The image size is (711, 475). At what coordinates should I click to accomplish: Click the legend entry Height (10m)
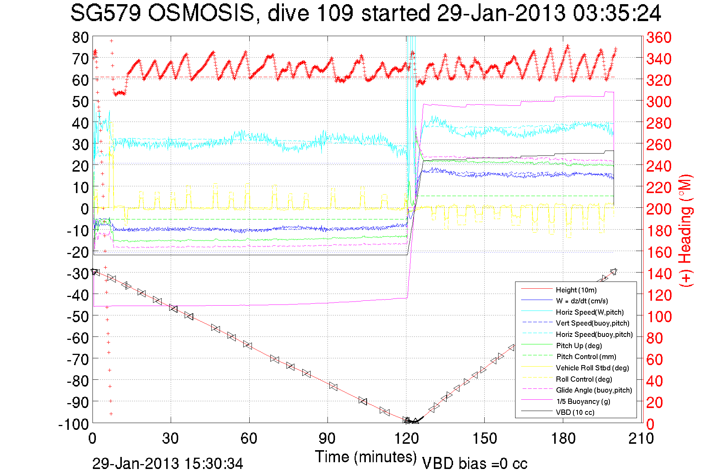tap(576, 290)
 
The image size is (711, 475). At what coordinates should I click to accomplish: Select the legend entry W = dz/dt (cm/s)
tap(582, 301)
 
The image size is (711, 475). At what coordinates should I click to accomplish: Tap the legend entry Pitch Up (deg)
tap(579, 346)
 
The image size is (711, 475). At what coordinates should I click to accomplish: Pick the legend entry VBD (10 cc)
tap(575, 412)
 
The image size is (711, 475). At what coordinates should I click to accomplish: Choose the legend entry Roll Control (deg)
tap(584, 379)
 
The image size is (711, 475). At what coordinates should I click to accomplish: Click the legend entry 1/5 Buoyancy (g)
tap(583, 401)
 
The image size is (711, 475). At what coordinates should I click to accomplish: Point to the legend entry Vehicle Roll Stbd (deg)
tap(592, 368)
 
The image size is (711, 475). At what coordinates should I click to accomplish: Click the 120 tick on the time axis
tap(406, 438)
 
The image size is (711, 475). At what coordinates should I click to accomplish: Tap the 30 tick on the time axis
tap(171, 438)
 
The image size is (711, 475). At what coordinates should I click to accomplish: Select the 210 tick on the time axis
tap(641, 438)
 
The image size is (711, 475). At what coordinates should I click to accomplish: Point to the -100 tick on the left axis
tap(74, 424)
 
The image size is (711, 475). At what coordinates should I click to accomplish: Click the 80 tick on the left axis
tap(80, 37)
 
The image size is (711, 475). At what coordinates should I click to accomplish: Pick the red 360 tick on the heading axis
tap(659, 37)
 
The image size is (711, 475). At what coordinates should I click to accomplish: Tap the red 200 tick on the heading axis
tap(659, 209)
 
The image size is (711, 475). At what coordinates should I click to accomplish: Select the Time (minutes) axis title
tap(366, 457)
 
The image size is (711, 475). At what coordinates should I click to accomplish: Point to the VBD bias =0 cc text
tap(475, 463)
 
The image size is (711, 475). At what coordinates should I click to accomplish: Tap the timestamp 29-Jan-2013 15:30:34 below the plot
tap(168, 463)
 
